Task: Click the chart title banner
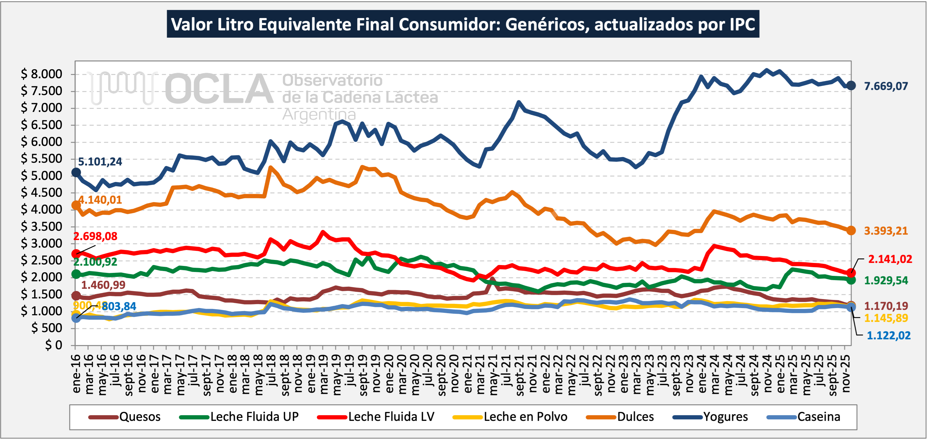(463, 24)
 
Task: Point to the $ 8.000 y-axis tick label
(42, 74)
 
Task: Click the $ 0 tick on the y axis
(53, 345)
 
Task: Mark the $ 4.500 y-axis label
(42, 193)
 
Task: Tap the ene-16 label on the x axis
(76, 374)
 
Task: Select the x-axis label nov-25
(845, 374)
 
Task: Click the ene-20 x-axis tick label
(389, 374)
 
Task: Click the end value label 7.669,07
(886, 86)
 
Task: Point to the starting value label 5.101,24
(100, 162)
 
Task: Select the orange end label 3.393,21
(886, 231)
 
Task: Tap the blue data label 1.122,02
(888, 336)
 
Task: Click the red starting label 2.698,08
(95, 236)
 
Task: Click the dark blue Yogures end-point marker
(851, 86)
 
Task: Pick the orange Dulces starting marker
(76, 205)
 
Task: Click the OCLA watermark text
(219, 89)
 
